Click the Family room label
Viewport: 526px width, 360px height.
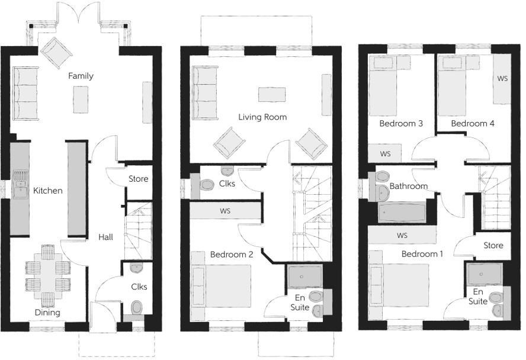point(81,76)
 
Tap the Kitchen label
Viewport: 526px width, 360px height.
point(48,191)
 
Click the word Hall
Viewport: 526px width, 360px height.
point(106,237)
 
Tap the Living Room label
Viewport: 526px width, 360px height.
point(262,117)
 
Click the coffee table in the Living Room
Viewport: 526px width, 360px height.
point(272,94)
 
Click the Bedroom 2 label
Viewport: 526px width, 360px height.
point(232,255)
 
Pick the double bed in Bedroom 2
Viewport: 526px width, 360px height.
point(222,285)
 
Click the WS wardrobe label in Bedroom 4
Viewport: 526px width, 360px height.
point(502,78)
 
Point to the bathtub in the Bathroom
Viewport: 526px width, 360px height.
point(402,211)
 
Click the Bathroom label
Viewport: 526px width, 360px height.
point(408,186)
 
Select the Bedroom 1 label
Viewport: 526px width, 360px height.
point(422,254)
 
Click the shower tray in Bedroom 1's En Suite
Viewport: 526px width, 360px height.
point(485,274)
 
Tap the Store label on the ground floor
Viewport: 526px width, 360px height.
point(138,179)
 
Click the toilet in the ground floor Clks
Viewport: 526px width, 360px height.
point(137,307)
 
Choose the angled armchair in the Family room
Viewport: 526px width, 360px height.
point(56,53)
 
